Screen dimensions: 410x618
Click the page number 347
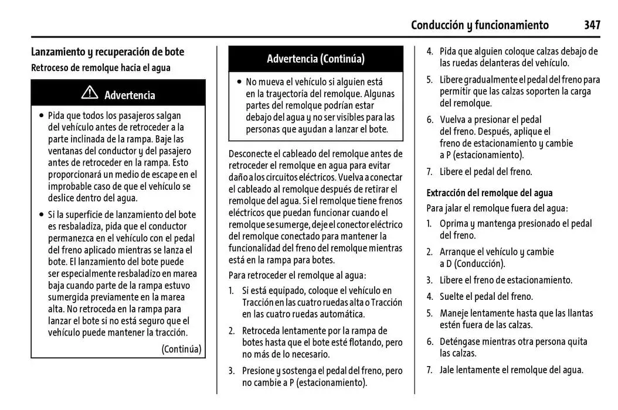[x=592, y=25]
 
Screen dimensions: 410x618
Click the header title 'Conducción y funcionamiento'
[x=480, y=25]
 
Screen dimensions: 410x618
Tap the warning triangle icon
[x=90, y=93]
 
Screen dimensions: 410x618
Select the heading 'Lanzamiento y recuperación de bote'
[x=107, y=52]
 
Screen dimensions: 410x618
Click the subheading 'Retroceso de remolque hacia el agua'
[x=100, y=67]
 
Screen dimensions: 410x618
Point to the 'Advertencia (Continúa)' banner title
[x=315, y=59]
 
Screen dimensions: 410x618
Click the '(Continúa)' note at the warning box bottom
[x=181, y=349]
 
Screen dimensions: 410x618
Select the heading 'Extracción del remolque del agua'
[x=489, y=193]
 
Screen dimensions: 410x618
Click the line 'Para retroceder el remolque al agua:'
[x=297, y=275]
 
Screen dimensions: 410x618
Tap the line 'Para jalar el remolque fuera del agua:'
[x=497, y=208]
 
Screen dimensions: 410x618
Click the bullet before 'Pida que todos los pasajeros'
[x=40, y=116]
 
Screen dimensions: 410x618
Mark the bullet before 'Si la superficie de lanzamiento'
[x=40, y=215]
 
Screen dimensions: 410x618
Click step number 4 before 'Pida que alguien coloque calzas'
[x=429, y=52]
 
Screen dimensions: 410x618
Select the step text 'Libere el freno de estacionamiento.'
[x=506, y=280]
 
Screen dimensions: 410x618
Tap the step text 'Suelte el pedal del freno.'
[x=486, y=296]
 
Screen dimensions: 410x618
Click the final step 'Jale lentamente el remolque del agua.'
[x=511, y=370]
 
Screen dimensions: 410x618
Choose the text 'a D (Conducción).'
[x=472, y=264]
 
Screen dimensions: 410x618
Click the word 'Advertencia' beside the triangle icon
[x=130, y=95]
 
